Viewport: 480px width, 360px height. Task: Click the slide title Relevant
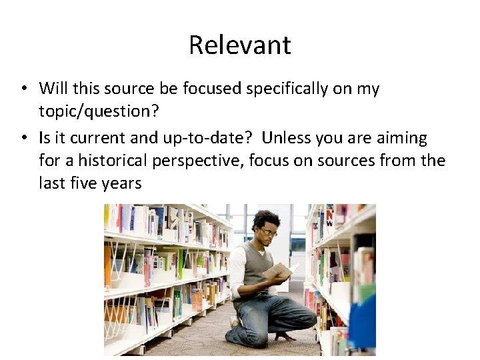(x=239, y=45)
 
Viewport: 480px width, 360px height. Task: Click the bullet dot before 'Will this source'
(x=23, y=89)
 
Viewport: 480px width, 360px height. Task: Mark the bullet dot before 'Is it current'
(x=23, y=139)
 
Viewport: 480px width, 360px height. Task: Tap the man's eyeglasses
(x=268, y=231)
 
